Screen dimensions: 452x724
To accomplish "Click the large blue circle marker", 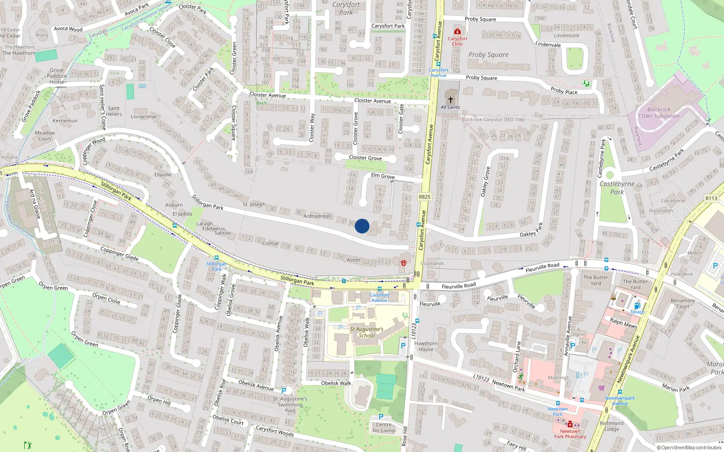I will (x=362, y=226).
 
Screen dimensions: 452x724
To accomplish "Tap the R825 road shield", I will (x=424, y=197).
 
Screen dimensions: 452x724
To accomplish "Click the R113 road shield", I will (x=711, y=198).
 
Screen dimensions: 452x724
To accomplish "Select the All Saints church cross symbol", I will (x=450, y=100).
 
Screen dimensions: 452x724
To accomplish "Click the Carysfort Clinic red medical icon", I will (x=457, y=31).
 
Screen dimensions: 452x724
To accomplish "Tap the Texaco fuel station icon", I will (x=637, y=306).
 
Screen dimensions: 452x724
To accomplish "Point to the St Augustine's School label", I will (x=367, y=332).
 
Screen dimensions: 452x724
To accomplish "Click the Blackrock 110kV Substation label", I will (x=659, y=113).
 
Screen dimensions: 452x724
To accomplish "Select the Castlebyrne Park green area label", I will (x=617, y=188).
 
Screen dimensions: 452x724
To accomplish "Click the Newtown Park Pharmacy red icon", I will (x=570, y=424).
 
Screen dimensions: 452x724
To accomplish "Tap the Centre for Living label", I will (x=384, y=427).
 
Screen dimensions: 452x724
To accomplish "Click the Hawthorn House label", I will (x=426, y=346).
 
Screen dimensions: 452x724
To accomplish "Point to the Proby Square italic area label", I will (x=488, y=55).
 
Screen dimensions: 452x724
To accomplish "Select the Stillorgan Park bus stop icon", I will (x=216, y=258).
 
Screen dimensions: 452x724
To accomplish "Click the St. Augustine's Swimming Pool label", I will (x=290, y=405).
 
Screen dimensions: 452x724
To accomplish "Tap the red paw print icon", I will (x=403, y=262).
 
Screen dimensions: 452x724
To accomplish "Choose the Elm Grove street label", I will (x=383, y=176).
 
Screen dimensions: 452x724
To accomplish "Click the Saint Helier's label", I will (x=114, y=111).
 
